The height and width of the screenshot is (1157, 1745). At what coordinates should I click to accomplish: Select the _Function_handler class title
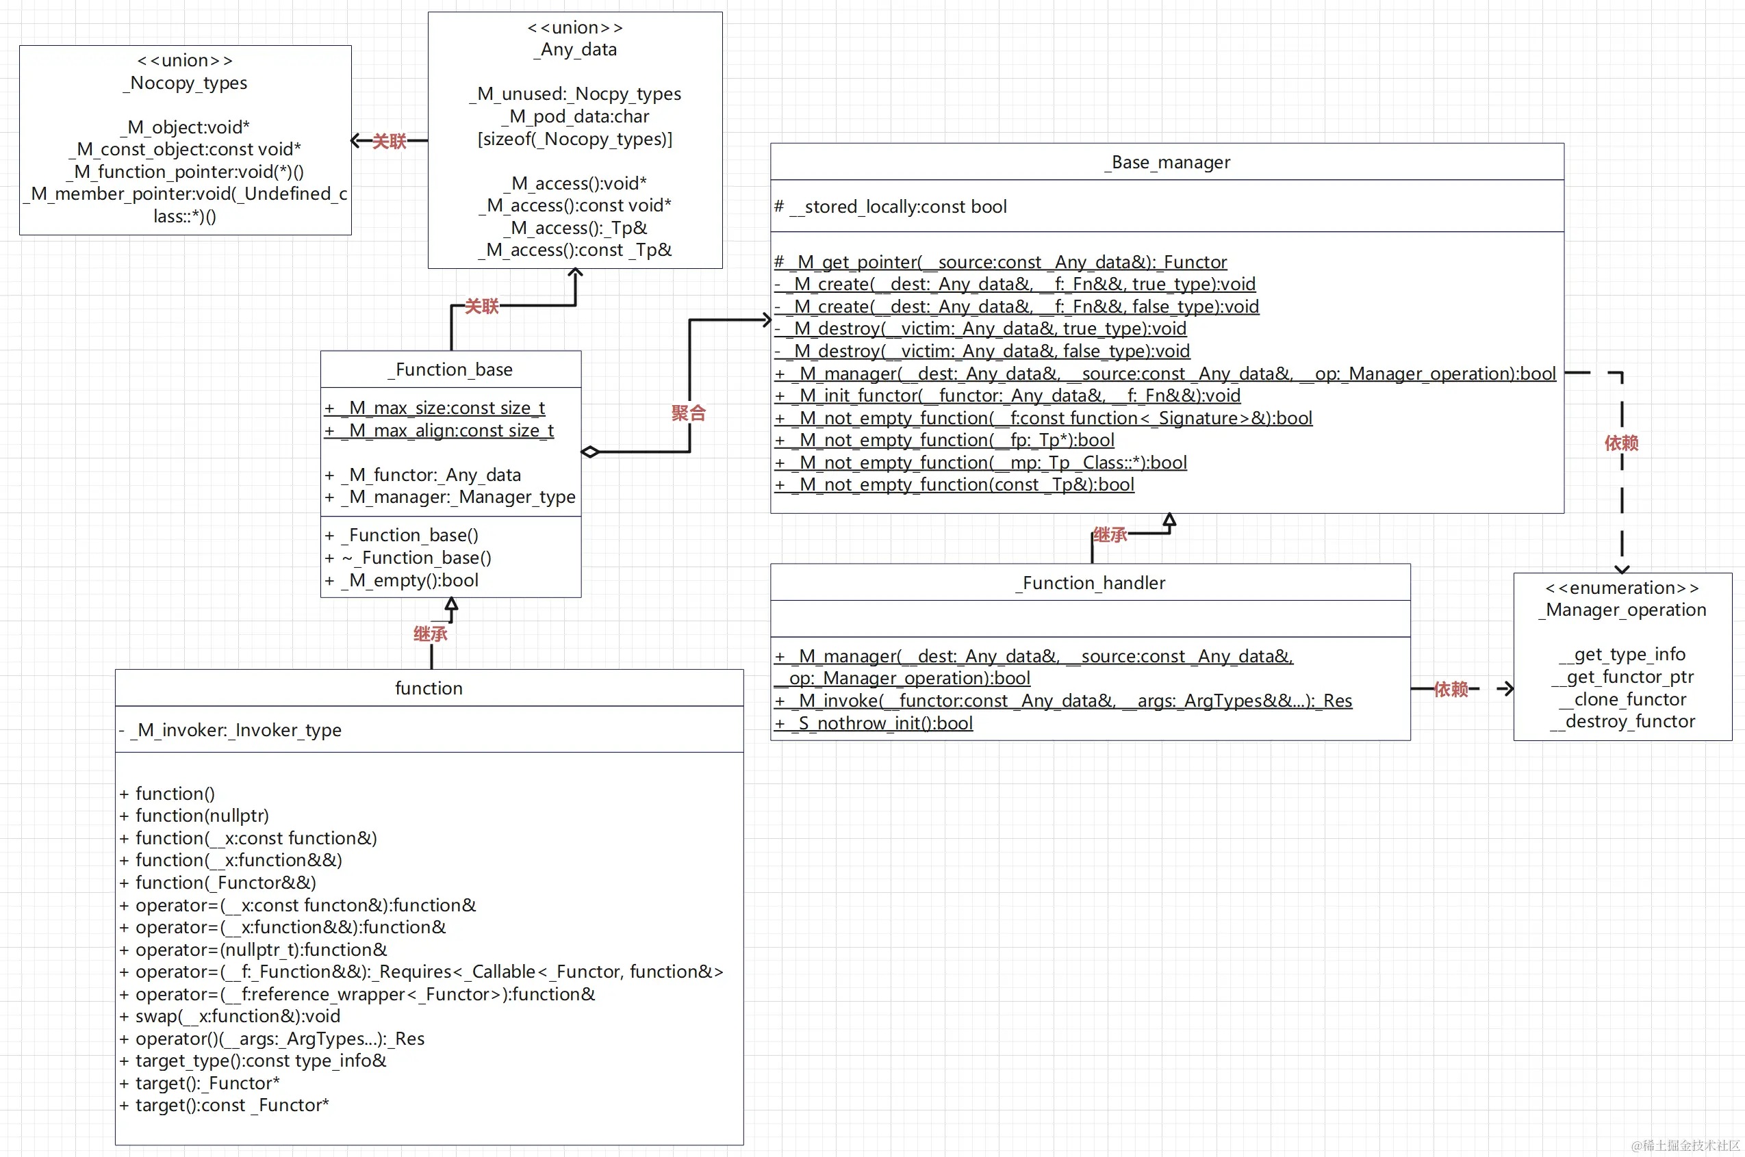pyautogui.click(x=1090, y=583)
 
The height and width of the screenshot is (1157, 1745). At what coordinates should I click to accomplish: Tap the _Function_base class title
pyautogui.click(x=450, y=369)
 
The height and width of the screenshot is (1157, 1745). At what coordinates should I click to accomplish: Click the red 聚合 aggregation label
pyautogui.click(x=688, y=413)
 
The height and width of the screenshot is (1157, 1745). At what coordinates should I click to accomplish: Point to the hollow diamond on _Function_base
pyautogui.click(x=590, y=452)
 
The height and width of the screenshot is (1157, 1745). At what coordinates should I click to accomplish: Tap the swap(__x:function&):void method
pyautogui.click(x=230, y=1016)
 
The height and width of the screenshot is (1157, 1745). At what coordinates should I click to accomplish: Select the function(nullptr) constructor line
pyautogui.click(x=195, y=816)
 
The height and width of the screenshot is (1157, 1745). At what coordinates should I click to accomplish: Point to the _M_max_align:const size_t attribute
pyautogui.click(x=440, y=430)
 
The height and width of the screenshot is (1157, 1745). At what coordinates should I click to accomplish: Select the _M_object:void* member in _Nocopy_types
pyautogui.click(x=188, y=127)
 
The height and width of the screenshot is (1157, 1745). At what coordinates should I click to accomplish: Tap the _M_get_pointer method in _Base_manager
pyautogui.click(x=1001, y=262)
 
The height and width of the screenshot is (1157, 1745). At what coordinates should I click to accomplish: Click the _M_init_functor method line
pyautogui.click(x=1008, y=395)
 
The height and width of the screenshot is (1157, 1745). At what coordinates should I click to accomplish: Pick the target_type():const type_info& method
pyautogui.click(x=254, y=1061)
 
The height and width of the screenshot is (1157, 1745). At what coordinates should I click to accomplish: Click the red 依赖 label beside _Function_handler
pyautogui.click(x=1451, y=689)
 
